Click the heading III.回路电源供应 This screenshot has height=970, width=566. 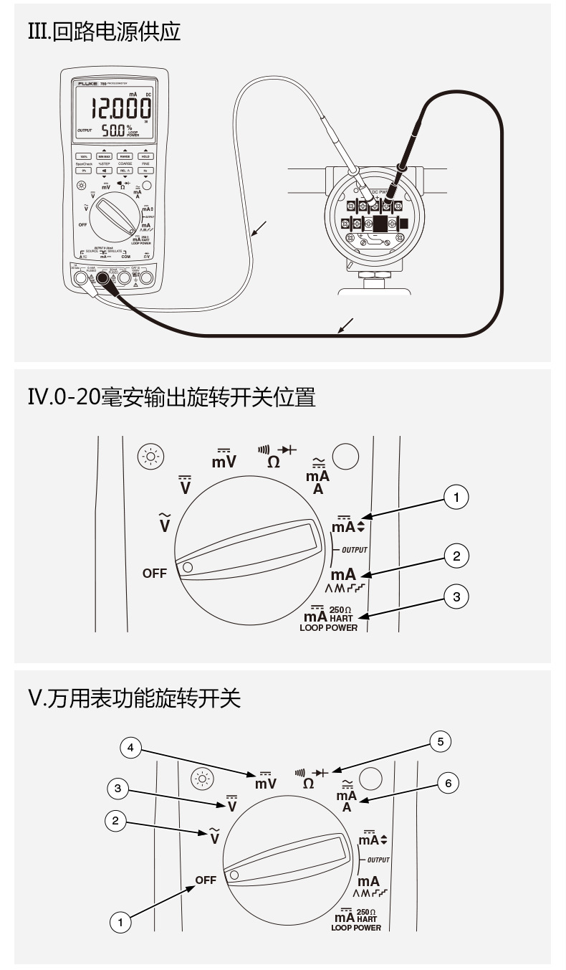click(x=104, y=32)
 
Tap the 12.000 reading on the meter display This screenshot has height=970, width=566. click(x=120, y=108)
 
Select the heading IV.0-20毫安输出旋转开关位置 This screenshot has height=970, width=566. click(x=171, y=397)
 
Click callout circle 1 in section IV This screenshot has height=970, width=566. click(x=456, y=497)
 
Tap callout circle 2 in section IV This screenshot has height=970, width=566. click(x=456, y=556)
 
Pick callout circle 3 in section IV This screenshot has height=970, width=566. click(x=456, y=596)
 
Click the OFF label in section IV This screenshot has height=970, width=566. click(x=154, y=573)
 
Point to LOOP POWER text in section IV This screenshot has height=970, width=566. click(x=328, y=628)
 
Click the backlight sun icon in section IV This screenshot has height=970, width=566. click(x=150, y=456)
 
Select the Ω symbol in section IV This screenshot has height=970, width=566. click(x=273, y=462)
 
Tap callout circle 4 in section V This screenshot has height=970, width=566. click(x=130, y=748)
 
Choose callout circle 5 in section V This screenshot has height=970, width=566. click(x=441, y=741)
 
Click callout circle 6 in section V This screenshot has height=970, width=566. click(x=449, y=783)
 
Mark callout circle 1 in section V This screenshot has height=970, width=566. click(x=120, y=922)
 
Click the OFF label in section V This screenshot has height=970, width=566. click(x=206, y=880)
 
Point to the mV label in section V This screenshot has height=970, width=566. click(x=266, y=784)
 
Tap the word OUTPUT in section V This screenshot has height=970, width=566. click(x=378, y=860)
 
